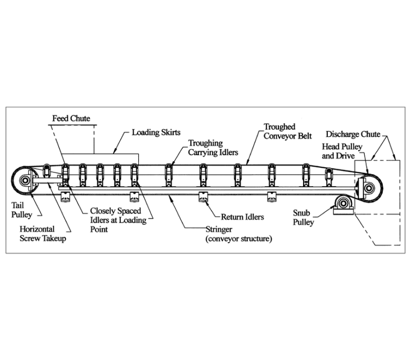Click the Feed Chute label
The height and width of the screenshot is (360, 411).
coord(71,118)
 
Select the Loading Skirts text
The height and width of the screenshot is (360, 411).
coord(156,132)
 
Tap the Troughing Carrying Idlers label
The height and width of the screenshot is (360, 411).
coord(213,148)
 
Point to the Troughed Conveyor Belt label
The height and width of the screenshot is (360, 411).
coord(288,131)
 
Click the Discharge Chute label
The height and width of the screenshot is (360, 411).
coord(353,134)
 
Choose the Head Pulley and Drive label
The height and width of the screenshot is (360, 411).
coord(342,151)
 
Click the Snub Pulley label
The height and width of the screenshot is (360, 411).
coord(303,218)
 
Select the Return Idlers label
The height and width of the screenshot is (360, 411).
coord(242,217)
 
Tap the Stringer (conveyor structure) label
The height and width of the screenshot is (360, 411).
coord(238,234)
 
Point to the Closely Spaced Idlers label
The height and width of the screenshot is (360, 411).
coord(118,220)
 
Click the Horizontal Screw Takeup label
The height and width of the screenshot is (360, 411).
coord(43,234)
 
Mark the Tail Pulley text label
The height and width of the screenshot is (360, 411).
coord(22,210)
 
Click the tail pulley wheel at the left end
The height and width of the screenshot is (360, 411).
coord(25,181)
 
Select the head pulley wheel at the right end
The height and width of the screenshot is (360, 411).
coord(369,188)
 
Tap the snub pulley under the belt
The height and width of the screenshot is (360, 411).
coord(342,203)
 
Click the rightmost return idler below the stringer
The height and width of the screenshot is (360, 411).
coord(272,196)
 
